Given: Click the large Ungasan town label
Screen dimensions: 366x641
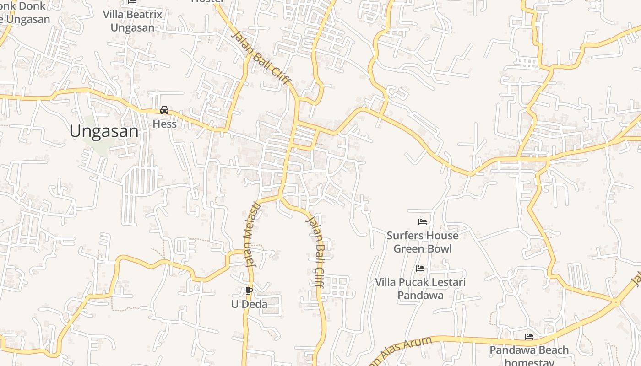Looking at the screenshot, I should click(x=104, y=132).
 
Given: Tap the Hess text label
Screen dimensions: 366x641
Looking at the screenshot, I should click(x=164, y=124).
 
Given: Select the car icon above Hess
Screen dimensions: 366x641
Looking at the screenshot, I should click(x=164, y=110).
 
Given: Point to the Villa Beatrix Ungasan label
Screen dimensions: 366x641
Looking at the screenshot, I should click(x=132, y=21).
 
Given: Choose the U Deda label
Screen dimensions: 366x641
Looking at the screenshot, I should click(x=249, y=304).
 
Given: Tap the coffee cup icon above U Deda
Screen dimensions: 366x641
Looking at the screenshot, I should click(x=249, y=291).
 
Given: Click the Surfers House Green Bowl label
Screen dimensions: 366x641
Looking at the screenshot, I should click(x=423, y=242).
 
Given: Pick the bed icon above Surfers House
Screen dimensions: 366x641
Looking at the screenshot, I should click(x=423, y=222).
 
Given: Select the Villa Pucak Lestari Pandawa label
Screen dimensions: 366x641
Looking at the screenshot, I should click(x=420, y=289).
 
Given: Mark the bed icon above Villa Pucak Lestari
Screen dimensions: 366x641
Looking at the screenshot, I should click(x=420, y=269).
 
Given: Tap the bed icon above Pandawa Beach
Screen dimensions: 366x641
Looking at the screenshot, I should click(x=529, y=337).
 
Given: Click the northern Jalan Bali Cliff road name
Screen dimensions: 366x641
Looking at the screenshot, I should click(x=261, y=58).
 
